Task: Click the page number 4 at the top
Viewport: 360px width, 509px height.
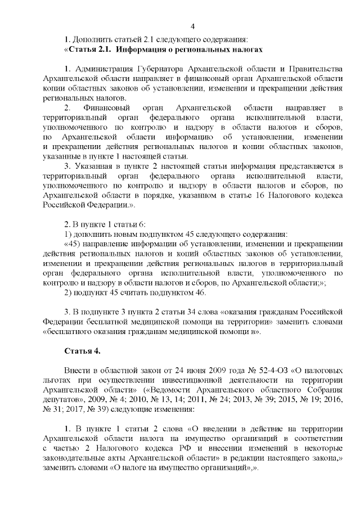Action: (x=193, y=26)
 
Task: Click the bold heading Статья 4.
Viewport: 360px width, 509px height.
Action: (x=82, y=351)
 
